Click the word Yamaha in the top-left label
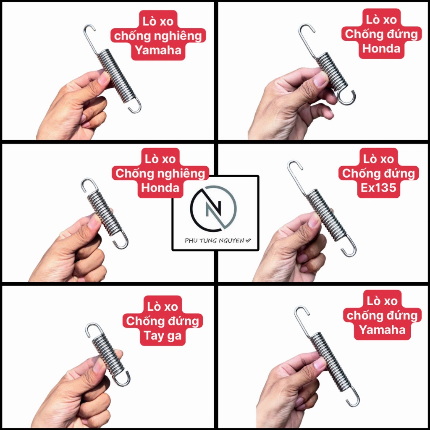coord(158,50)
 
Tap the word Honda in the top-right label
coord(381,49)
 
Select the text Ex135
coord(378,188)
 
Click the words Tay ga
coord(163,336)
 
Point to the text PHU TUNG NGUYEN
coord(214,241)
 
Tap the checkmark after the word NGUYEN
coord(248,241)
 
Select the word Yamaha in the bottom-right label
coord(382,330)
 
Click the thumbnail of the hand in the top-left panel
coord(74,107)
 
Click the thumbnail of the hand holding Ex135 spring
coord(291,247)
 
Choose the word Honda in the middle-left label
coord(160,188)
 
